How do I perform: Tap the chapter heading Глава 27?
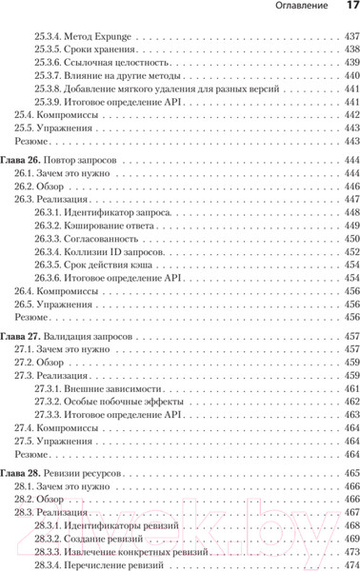click(21, 337)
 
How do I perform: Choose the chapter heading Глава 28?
click(21, 472)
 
